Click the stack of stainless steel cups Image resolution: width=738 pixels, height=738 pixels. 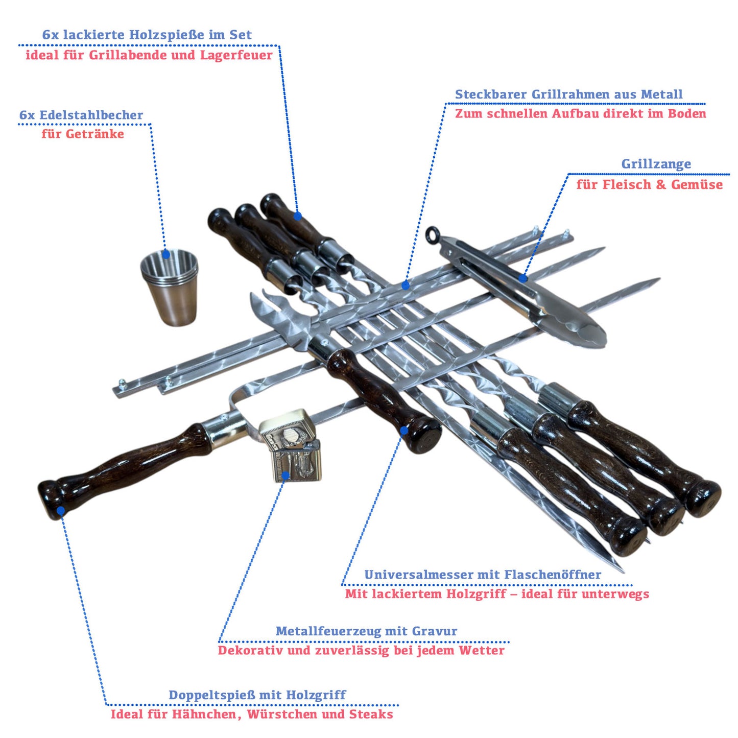click(x=170, y=287)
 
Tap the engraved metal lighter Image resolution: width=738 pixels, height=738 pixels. click(x=290, y=445)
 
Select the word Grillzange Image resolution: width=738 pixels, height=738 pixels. click(x=656, y=164)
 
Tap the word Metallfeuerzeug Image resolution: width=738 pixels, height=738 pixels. click(x=342, y=631)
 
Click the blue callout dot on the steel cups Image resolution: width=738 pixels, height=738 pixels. click(x=166, y=254)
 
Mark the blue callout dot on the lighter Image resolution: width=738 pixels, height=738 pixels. click(x=285, y=476)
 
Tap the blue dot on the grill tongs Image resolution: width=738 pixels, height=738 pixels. click(x=523, y=278)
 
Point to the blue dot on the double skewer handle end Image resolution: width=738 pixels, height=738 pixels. click(x=61, y=511)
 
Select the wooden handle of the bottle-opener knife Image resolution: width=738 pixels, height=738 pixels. click(x=383, y=398)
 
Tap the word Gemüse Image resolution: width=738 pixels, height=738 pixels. click(x=697, y=184)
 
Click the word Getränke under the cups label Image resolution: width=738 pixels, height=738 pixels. click(x=94, y=134)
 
